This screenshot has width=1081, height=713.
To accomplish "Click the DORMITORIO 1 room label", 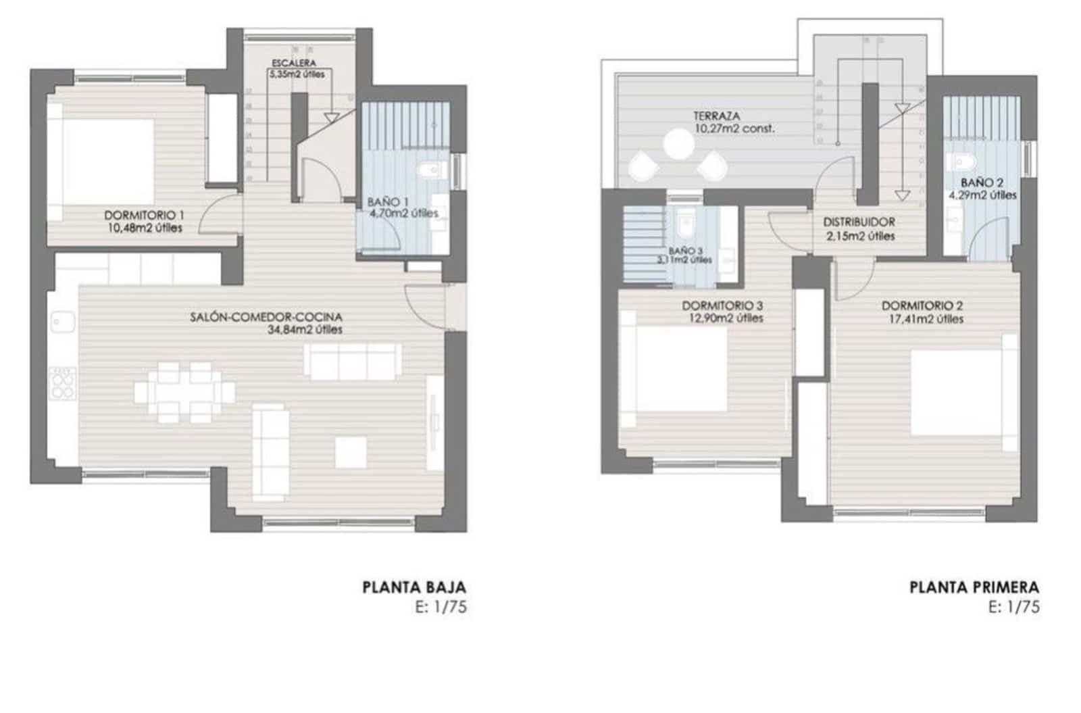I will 145,215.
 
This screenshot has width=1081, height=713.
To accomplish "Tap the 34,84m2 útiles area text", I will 305,330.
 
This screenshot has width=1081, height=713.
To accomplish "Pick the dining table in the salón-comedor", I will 184,393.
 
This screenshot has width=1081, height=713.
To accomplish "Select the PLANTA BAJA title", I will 414,587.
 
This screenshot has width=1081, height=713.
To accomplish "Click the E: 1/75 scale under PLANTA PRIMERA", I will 1014,607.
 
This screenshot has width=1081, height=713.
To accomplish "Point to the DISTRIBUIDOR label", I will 859,222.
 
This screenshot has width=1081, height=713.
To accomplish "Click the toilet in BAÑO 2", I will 959,162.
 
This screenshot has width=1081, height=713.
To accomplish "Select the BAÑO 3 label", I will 686,250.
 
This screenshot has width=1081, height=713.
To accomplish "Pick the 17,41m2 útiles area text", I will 926,319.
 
